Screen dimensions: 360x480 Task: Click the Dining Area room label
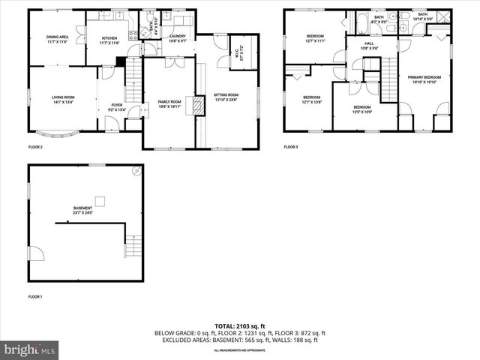pyautogui.click(x=58, y=39)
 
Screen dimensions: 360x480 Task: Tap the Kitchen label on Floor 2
pyautogui.click(x=110, y=39)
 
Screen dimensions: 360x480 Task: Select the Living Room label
pyautogui.click(x=63, y=99)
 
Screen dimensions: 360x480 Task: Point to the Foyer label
pyautogui.click(x=117, y=106)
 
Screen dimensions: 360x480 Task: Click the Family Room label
pyautogui.click(x=169, y=103)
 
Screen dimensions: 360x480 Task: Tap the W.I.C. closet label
pyautogui.click(x=240, y=53)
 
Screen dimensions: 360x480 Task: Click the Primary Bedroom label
pyautogui.click(x=424, y=79)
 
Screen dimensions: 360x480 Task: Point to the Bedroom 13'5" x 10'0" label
pyautogui.click(x=367, y=108)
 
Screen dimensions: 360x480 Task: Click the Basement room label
pyautogui.click(x=82, y=210)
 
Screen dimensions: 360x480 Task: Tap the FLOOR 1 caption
pyautogui.click(x=35, y=297)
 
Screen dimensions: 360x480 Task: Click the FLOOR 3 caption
pyautogui.click(x=291, y=147)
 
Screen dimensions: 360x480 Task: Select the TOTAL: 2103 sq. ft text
pyautogui.click(x=240, y=326)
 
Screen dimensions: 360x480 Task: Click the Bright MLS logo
pyautogui.click(x=30, y=349)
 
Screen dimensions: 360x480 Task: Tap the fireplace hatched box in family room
pyautogui.click(x=198, y=106)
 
